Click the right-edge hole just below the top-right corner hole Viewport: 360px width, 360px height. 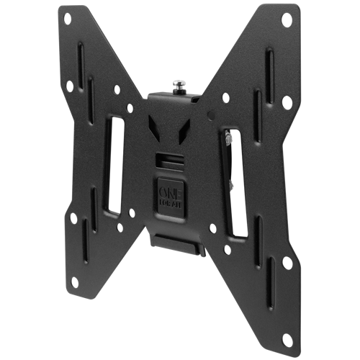pyautogui.click(x=287, y=103)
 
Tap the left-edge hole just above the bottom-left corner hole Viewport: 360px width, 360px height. pyautogui.click(x=73, y=217)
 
